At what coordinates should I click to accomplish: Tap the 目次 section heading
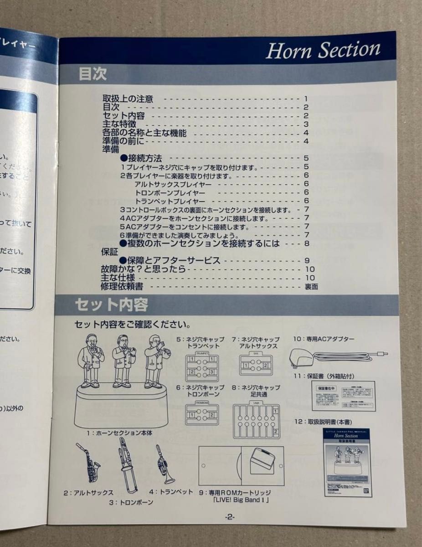tap(93, 74)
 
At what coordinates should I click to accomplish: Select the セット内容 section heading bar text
tap(111, 304)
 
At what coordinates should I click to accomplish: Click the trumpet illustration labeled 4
tap(164, 464)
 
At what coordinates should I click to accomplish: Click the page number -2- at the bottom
tap(229, 517)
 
